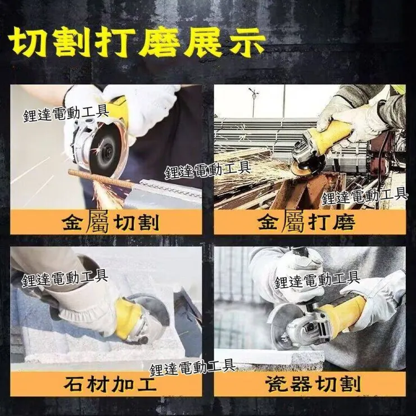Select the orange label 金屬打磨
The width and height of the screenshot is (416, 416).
click(x=307, y=222)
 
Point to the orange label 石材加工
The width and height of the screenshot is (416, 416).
click(x=110, y=384)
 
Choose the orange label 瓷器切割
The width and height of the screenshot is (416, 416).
click(x=313, y=384)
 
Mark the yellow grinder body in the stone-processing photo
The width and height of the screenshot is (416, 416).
click(x=129, y=318)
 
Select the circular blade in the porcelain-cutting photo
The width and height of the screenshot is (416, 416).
click(x=284, y=327)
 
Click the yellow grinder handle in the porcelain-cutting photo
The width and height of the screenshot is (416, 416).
click(x=342, y=313)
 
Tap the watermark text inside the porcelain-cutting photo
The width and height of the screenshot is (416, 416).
click(x=317, y=281)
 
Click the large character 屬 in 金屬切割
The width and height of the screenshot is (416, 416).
click(x=97, y=221)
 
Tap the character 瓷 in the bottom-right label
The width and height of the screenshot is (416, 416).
click(x=276, y=384)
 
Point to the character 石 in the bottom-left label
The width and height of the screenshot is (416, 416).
click(x=74, y=384)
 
